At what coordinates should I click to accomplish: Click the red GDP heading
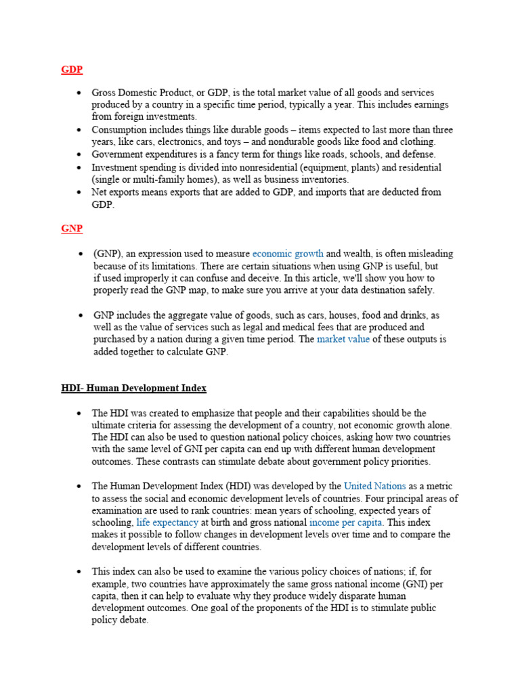click(72, 70)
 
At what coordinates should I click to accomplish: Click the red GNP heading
click(72, 229)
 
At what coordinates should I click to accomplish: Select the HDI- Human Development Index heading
click(133, 388)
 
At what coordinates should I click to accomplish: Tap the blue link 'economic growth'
click(288, 254)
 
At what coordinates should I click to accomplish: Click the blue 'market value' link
click(343, 340)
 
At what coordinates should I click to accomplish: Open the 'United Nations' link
click(374, 487)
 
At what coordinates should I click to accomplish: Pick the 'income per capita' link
click(345, 523)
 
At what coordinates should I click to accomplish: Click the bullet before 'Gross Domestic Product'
click(79, 93)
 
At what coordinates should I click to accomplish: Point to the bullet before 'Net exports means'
click(79, 192)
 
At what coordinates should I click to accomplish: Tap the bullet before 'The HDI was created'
click(79, 413)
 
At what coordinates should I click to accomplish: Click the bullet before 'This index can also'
click(79, 572)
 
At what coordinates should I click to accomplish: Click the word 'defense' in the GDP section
click(420, 155)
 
